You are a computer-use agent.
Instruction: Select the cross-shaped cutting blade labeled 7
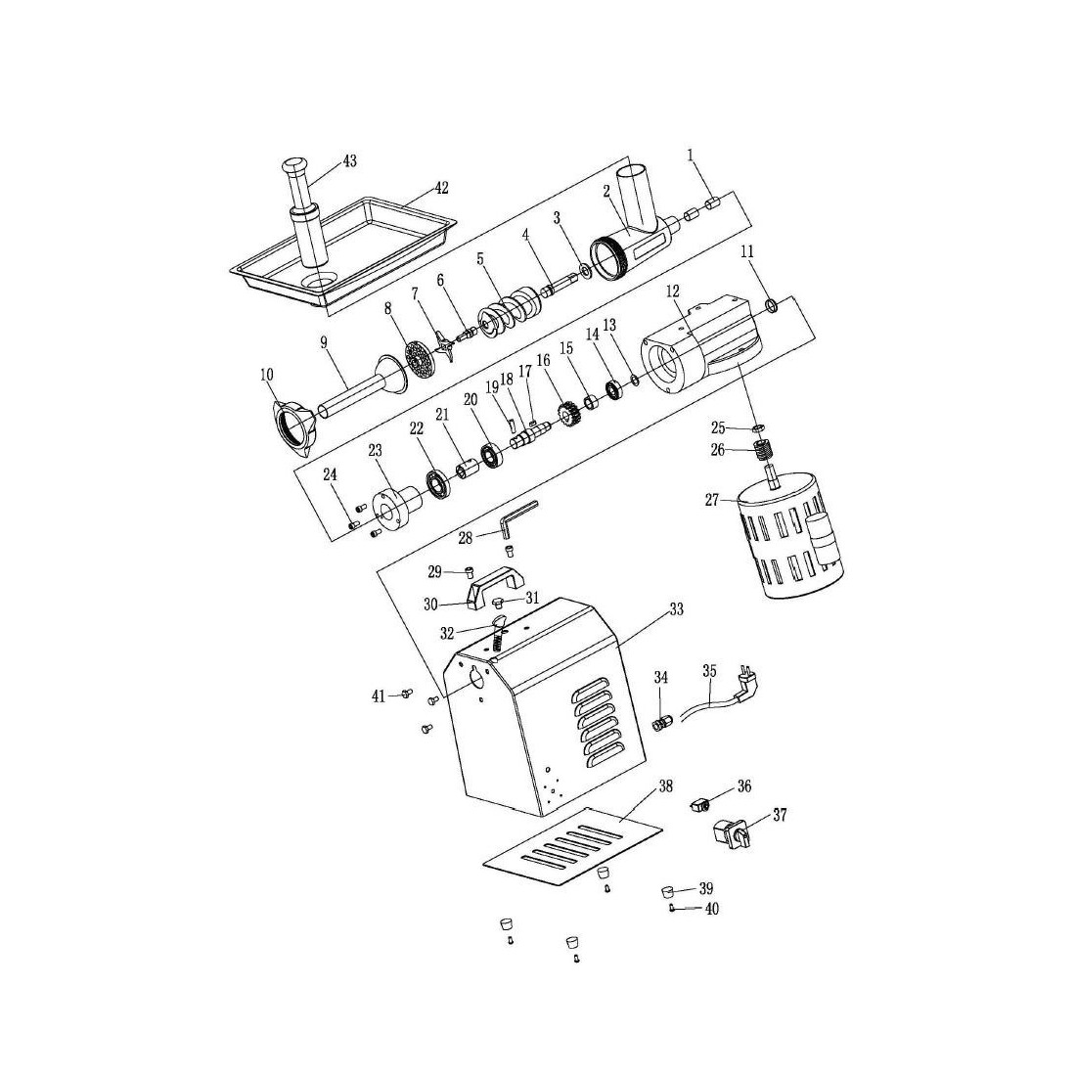coord(446,345)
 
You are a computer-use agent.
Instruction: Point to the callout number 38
coord(665,785)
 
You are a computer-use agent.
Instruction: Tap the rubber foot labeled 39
coord(668,890)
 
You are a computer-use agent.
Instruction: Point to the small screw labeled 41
coord(403,694)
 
